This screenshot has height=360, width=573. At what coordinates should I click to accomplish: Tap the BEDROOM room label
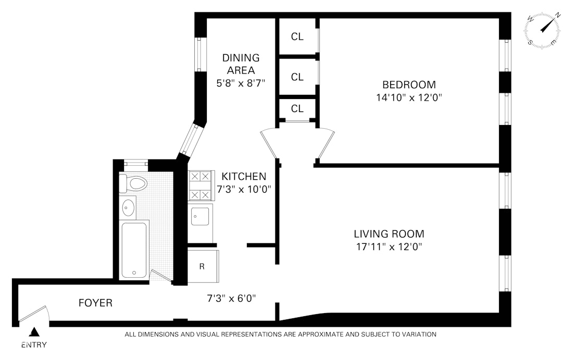[x=409, y=84]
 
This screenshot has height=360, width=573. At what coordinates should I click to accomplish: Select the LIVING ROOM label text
[x=389, y=234]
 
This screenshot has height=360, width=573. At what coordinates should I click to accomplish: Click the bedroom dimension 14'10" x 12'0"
[x=409, y=97]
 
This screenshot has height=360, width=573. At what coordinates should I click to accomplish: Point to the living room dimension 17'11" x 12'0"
[x=389, y=247]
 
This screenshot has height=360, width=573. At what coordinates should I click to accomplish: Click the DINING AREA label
[x=241, y=64]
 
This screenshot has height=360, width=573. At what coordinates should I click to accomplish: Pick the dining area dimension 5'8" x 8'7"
[x=241, y=82]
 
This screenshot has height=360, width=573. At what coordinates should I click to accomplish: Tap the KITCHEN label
[x=244, y=176]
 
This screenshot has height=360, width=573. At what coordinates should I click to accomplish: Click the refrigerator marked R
[x=202, y=266]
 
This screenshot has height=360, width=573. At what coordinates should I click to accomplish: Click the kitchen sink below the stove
[x=200, y=216]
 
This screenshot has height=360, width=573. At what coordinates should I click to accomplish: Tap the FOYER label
[x=95, y=303]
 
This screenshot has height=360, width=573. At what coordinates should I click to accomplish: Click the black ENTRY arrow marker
[x=35, y=332]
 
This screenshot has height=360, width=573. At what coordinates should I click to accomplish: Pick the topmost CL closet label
[x=297, y=36]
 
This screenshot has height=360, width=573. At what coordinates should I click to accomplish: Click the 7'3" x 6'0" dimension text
[x=232, y=299]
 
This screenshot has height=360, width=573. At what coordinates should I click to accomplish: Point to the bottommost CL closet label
[x=297, y=108]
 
